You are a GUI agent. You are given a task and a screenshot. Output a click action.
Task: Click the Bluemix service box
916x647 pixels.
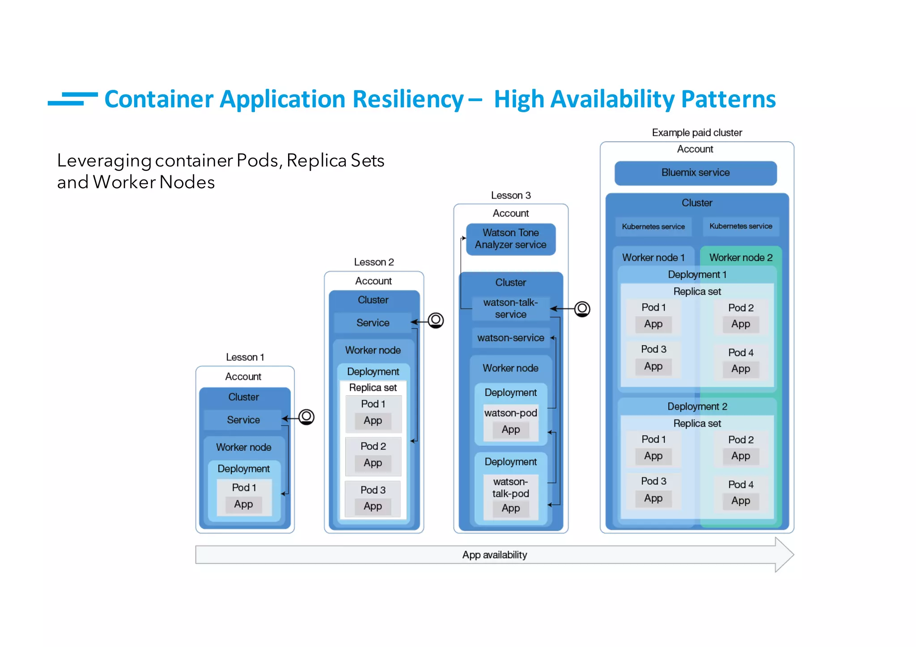coord(695,173)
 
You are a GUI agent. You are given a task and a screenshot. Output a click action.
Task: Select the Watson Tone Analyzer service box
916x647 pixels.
coord(510,239)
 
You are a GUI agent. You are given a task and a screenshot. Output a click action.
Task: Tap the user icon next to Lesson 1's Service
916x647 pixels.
coord(306,417)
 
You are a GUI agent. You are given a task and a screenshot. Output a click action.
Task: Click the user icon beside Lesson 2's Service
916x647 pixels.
coord(436,320)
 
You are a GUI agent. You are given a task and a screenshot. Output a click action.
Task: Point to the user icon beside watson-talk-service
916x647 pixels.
coord(582,309)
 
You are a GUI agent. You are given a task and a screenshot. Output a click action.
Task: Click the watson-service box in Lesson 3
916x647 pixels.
coord(510,338)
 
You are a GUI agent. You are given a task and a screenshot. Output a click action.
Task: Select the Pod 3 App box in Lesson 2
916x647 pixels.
coord(373,507)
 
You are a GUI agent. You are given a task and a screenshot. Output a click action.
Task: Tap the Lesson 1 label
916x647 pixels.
coord(245,357)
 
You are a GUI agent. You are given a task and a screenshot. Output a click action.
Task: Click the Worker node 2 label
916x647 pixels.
coord(741,258)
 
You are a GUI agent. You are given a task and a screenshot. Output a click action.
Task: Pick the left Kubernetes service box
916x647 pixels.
coord(653,227)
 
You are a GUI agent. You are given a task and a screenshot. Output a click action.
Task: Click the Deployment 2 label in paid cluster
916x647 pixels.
coord(697,406)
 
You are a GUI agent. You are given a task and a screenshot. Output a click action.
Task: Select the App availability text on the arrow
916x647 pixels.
coord(494,555)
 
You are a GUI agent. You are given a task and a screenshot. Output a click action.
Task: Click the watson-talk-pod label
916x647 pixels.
coord(510,488)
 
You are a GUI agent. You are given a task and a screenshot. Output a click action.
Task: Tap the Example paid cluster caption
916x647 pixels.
coord(696,133)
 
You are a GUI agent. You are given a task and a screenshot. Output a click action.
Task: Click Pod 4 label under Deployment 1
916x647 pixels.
coord(741,353)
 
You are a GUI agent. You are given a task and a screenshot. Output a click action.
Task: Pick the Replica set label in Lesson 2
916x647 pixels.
coord(373,388)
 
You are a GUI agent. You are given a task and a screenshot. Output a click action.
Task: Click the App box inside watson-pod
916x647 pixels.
coord(510,430)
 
